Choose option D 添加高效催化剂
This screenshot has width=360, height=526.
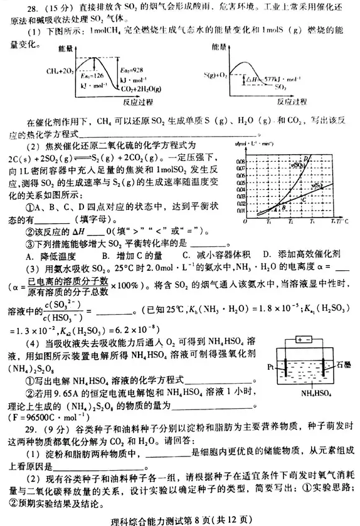(297, 254)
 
